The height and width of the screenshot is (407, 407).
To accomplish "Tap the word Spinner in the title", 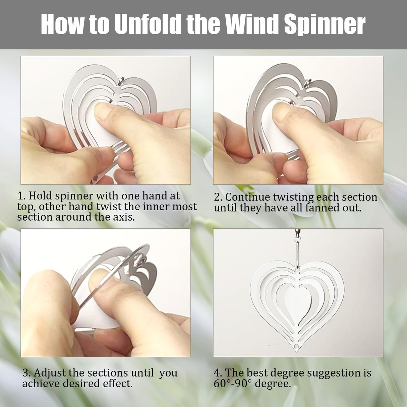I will click(x=325, y=24).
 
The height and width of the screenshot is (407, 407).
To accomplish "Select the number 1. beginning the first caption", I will click(x=22, y=196).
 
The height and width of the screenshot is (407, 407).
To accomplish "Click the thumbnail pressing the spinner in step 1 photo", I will click(x=103, y=113).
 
